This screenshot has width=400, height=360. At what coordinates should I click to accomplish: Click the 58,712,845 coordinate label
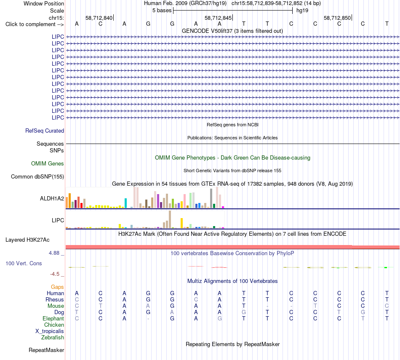pos(218,18)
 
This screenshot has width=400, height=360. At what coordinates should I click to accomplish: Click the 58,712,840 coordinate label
pos(99,18)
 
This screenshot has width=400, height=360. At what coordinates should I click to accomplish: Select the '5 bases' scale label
pos(162,11)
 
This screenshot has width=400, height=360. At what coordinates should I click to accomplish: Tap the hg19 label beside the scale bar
pos(302,11)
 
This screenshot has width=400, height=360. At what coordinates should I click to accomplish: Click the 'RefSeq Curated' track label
pos(45,131)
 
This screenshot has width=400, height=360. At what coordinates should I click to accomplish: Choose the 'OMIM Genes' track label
pos(48,163)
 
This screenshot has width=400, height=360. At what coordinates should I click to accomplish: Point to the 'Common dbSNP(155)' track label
pos(37,176)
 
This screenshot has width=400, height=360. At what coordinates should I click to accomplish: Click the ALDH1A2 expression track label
pos(52,198)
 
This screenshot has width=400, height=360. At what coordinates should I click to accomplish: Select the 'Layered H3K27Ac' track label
pos(27,240)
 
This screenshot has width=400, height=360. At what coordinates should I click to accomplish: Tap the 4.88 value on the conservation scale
pos(54,253)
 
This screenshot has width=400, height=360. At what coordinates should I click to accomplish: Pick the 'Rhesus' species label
pos(55,299)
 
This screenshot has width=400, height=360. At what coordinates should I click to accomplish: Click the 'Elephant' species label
pos(53,318)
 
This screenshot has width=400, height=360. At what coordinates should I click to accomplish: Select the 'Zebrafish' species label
pos(53,337)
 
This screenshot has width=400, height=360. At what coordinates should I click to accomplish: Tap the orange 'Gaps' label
pos(57,287)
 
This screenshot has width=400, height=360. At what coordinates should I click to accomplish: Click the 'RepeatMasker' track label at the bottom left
pos(46,350)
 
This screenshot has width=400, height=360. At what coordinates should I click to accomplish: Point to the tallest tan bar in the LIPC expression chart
pos(170,219)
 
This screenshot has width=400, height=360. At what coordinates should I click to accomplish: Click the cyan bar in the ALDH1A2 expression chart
pos(125,203)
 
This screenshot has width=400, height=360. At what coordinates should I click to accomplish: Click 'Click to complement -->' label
pos(35,24)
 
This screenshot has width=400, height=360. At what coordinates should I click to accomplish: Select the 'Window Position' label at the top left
pos(44,3)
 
